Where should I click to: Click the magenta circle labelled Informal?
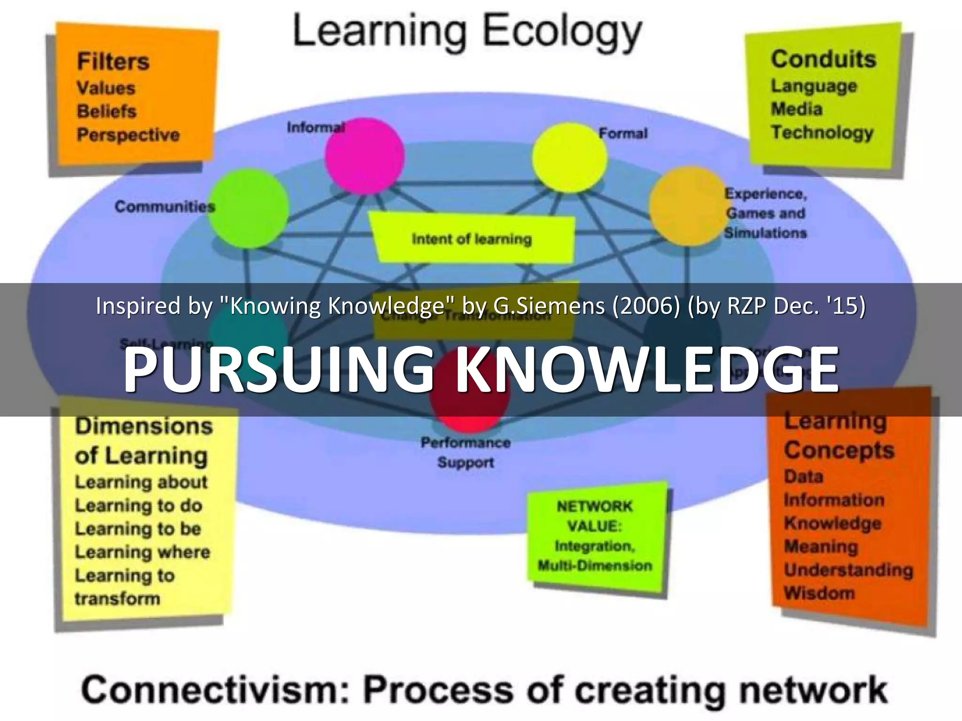(365, 156)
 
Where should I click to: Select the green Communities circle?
(248, 208)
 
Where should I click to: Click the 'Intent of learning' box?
(472, 238)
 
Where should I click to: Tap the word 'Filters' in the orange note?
(113, 61)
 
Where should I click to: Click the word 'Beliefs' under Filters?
(107, 111)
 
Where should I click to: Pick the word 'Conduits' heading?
(823, 60)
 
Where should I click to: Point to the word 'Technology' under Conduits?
(822, 132)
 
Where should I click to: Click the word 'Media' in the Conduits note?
(797, 109)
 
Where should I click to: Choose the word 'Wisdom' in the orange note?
(819, 593)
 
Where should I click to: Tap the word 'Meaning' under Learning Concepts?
(821, 546)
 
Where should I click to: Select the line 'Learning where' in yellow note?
(142, 552)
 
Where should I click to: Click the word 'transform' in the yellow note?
(117, 598)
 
